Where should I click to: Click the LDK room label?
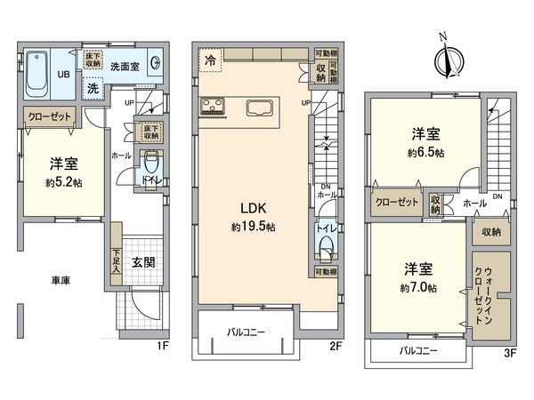tap(252, 210)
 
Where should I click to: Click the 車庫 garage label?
tap(60, 281)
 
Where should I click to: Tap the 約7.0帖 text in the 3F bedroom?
tap(417, 288)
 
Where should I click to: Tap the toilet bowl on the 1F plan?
tap(150, 164)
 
